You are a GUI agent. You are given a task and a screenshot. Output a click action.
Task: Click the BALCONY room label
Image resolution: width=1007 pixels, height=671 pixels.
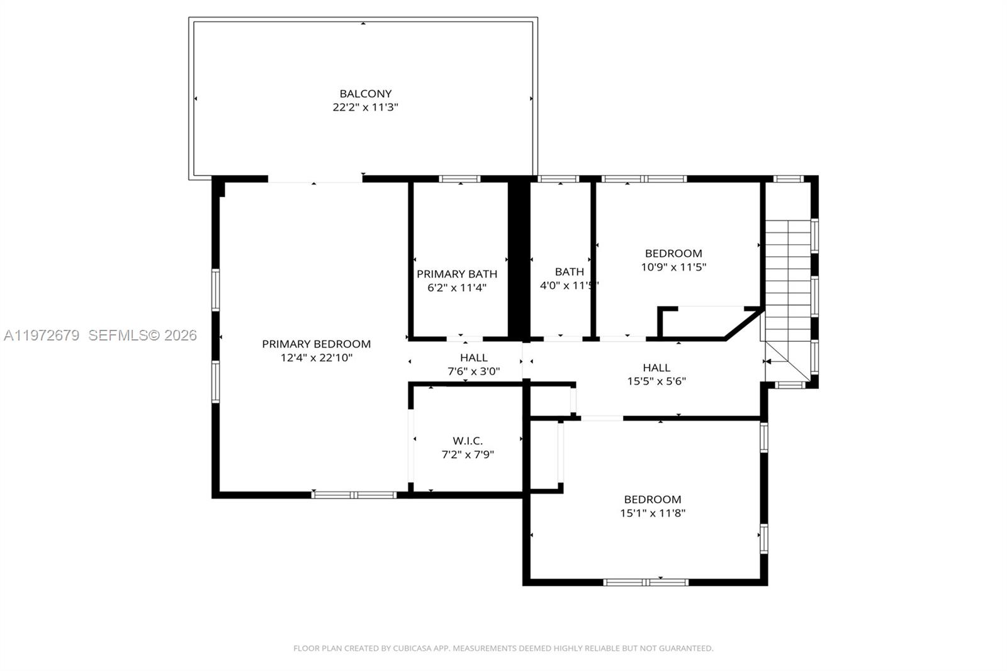click(x=365, y=94)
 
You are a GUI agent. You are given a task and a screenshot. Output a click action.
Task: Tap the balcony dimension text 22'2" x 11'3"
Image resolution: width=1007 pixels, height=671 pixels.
click(x=365, y=107)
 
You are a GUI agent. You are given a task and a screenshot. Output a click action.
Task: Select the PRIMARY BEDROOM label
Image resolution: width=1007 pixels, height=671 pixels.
click(x=316, y=344)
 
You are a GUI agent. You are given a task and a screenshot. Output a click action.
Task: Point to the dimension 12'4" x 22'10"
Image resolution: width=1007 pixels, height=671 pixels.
click(x=316, y=358)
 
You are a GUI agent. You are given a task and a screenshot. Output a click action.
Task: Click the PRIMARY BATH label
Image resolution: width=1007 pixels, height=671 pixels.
click(x=457, y=274)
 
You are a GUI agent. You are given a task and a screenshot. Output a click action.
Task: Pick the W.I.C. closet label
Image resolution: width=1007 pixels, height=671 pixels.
click(x=468, y=441)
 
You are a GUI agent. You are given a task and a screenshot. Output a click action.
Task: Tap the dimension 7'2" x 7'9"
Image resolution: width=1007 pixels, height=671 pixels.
click(x=468, y=454)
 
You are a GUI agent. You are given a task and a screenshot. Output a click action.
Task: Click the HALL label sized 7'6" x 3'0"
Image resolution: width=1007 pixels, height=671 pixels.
click(x=473, y=358)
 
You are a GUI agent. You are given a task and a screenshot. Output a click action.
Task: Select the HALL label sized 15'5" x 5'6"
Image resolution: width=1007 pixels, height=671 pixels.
click(x=656, y=368)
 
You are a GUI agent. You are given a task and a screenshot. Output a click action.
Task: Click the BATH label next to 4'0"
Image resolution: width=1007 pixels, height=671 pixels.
click(x=569, y=271)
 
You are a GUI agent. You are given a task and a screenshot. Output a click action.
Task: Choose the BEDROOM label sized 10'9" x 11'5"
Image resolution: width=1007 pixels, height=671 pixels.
click(x=673, y=253)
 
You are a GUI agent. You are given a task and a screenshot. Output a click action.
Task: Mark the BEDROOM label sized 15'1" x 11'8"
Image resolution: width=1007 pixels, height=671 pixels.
click(x=653, y=499)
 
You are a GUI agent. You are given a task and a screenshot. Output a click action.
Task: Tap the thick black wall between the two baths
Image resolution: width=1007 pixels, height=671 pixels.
click(x=519, y=258)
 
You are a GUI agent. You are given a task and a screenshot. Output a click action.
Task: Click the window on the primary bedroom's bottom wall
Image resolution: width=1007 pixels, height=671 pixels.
click(x=354, y=495)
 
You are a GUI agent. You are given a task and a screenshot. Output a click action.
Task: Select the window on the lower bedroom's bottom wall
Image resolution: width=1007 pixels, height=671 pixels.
click(x=646, y=582)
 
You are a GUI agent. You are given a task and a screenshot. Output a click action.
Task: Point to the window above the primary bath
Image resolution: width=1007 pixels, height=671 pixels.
click(x=459, y=179)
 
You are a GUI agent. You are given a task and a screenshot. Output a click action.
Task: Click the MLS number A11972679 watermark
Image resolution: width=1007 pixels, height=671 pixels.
click(x=42, y=335)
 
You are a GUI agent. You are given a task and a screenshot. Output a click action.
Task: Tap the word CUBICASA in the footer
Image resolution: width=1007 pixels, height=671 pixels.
click(x=412, y=648)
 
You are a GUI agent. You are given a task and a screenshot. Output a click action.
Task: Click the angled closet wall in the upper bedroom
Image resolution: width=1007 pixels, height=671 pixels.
click(x=743, y=324)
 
